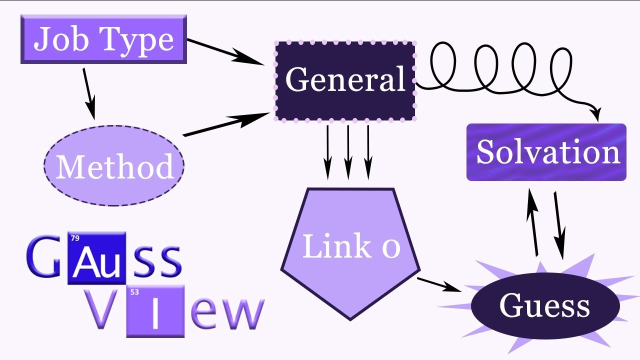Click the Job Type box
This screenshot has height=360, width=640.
tap(103, 39)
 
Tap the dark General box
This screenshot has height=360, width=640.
tap(345, 80)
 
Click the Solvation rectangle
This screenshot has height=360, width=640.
tap(546, 152)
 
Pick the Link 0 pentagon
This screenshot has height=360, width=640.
tap(350, 250)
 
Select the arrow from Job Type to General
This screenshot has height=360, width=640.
tap(225, 51)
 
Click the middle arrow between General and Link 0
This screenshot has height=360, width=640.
tap(348, 152)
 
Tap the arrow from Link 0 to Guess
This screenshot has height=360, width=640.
tap(439, 284)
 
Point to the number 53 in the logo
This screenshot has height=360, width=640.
tap(134, 291)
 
